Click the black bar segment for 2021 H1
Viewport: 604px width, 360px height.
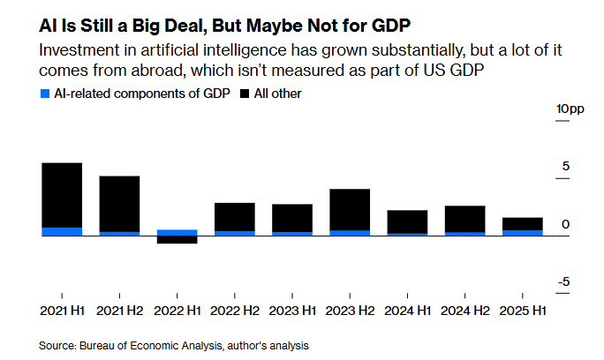[x=62, y=195]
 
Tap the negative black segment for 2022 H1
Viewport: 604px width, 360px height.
[x=177, y=239]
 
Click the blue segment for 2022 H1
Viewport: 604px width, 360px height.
[x=177, y=233]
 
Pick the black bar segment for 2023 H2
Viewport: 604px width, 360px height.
[x=350, y=209]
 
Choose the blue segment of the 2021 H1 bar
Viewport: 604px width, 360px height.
[x=62, y=232]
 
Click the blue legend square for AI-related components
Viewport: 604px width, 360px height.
[x=44, y=93]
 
